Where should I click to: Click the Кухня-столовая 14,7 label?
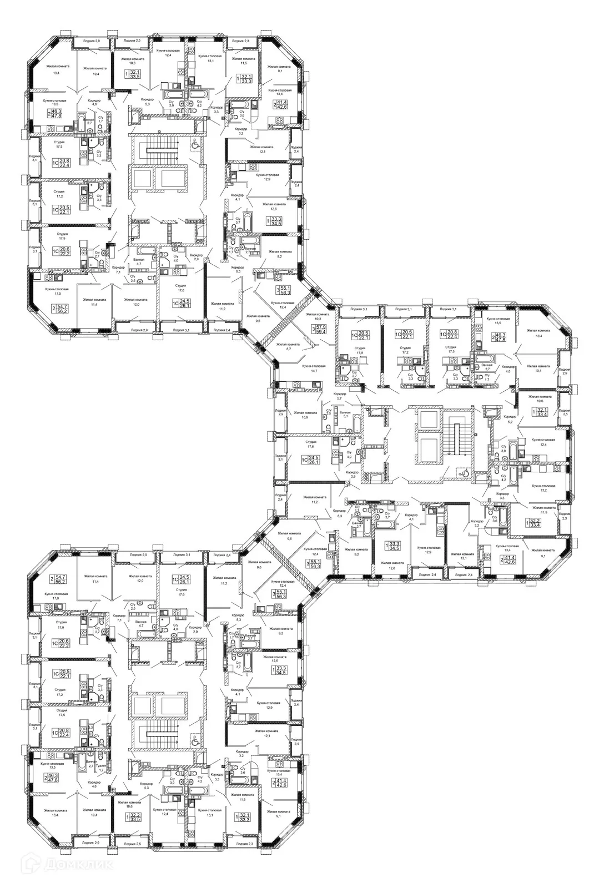pos(314,369)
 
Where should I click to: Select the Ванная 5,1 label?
pos(345,416)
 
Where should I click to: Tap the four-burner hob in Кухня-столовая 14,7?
pos(296,385)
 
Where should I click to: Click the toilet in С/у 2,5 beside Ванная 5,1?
pos(328,427)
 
